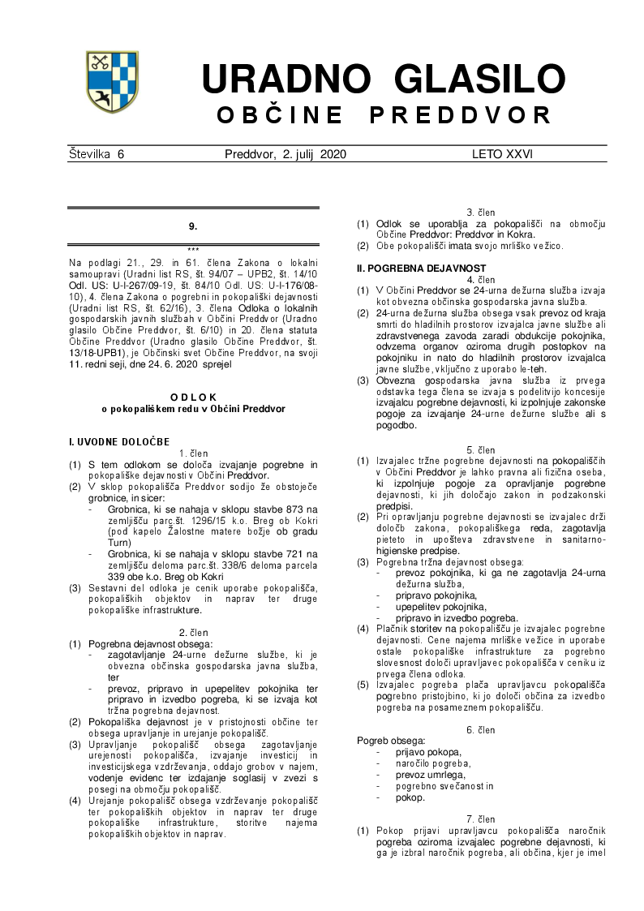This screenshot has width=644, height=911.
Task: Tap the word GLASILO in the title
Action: point(477,79)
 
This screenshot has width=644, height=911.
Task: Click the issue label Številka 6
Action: point(97,153)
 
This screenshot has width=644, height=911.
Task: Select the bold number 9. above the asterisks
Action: point(193,226)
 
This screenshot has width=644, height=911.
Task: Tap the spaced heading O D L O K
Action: point(193,397)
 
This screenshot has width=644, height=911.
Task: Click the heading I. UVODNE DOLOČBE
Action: point(119,441)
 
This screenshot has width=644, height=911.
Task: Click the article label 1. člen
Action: point(193,453)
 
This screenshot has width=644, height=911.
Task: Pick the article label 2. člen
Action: point(193,632)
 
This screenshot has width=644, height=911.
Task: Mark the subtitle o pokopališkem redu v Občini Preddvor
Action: point(193,409)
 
